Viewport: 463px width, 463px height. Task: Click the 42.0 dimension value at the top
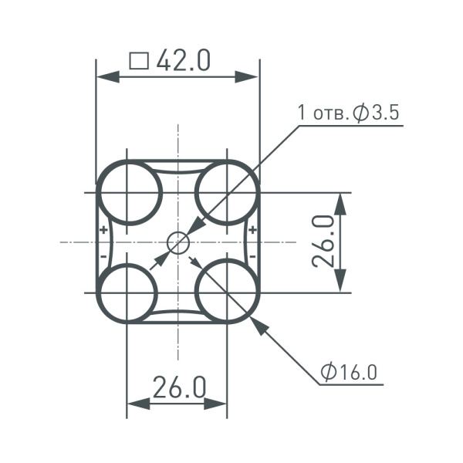pyautogui.click(x=184, y=60)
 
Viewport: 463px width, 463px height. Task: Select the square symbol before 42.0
pyautogui.click(x=139, y=61)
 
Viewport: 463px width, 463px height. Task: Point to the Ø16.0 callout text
pyautogui.click(x=350, y=372)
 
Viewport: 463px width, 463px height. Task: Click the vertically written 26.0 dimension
pyautogui.click(x=324, y=242)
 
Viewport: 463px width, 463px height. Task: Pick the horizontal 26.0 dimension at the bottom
pyautogui.click(x=178, y=387)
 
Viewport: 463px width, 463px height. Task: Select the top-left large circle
pyautogui.click(x=129, y=192)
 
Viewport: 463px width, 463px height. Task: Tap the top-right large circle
pyautogui.click(x=227, y=192)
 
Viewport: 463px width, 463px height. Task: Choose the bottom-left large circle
pyautogui.click(x=129, y=292)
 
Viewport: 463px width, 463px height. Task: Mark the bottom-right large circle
pyautogui.click(x=227, y=292)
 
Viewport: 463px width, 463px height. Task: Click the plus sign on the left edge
pyautogui.click(x=103, y=231)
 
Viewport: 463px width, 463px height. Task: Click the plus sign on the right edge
pyautogui.click(x=253, y=231)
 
